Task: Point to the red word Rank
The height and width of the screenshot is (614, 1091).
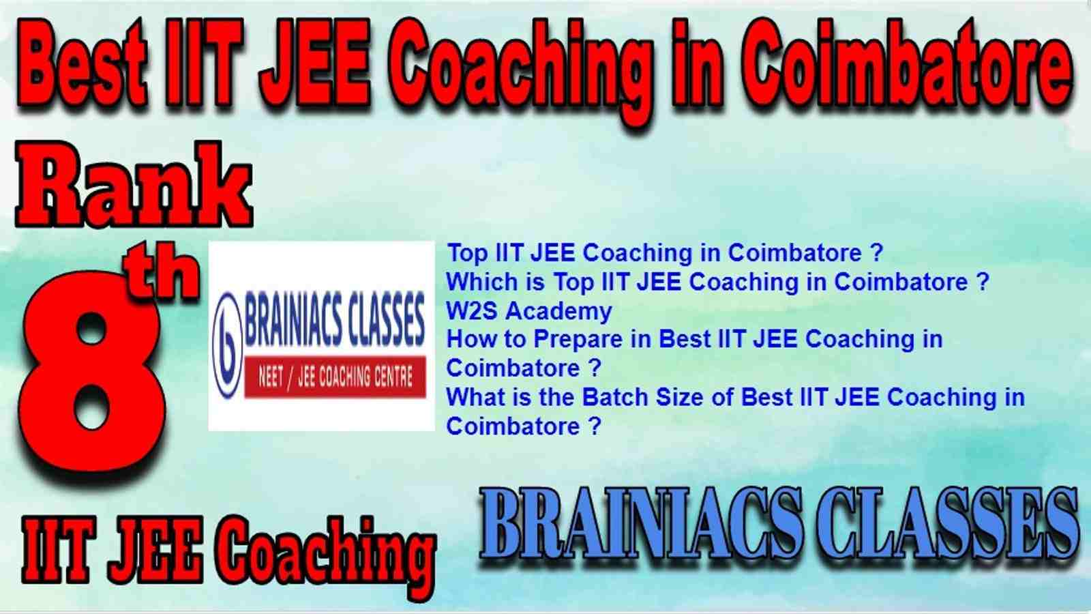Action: [134, 184]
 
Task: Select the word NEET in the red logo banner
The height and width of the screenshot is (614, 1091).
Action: [271, 377]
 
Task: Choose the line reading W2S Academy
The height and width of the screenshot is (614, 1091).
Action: [529, 311]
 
